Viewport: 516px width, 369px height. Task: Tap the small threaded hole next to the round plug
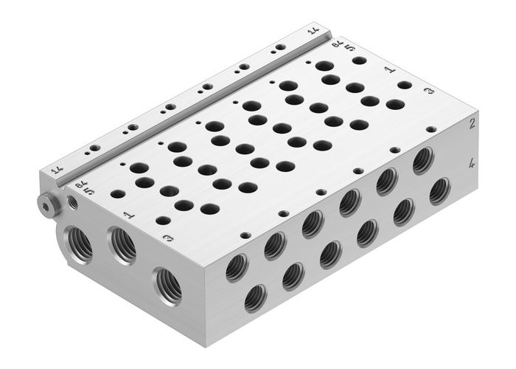tap(72, 200)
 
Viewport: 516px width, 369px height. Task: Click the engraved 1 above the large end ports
tap(128, 215)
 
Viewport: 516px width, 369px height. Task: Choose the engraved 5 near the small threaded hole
tap(88, 190)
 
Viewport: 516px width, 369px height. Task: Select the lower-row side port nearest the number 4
tap(440, 191)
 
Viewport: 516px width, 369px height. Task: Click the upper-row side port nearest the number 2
tap(422, 160)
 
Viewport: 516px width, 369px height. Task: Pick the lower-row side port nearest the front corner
tap(256, 297)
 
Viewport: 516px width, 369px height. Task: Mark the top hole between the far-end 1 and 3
tap(404, 85)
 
